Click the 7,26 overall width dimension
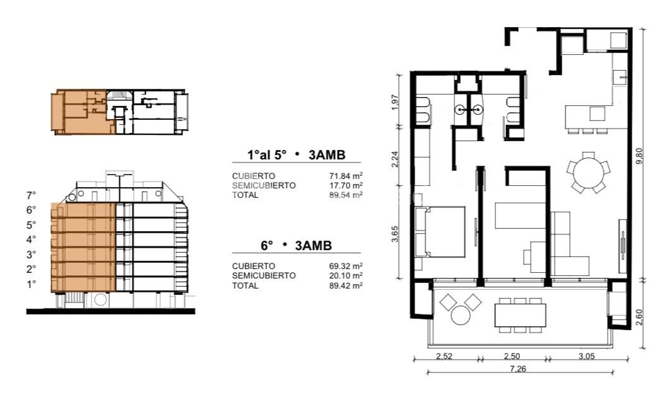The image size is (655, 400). point(517,369)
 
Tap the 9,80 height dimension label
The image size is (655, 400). point(639,156)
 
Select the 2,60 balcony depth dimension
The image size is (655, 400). point(639,317)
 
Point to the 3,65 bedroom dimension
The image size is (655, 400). point(395,234)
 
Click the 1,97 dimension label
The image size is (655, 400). point(395,102)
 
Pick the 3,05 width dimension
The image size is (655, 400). point(586,356)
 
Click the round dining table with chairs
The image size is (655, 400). point(588,172)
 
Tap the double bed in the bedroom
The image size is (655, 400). point(440,231)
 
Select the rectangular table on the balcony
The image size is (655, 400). point(520,316)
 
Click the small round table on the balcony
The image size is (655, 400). point(461,315)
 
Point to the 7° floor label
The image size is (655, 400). point(32,195)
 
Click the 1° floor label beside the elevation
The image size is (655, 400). point(32,285)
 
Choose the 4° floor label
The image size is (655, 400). point(32,240)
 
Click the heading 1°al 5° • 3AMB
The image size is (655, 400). point(296,155)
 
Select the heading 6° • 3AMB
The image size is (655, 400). point(296,246)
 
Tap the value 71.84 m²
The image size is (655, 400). point(345,176)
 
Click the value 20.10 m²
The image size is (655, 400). point(345,276)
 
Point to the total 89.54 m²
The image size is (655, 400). point(345,195)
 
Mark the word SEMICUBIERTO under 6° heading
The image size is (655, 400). point(264,276)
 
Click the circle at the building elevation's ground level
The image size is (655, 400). point(101,299)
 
